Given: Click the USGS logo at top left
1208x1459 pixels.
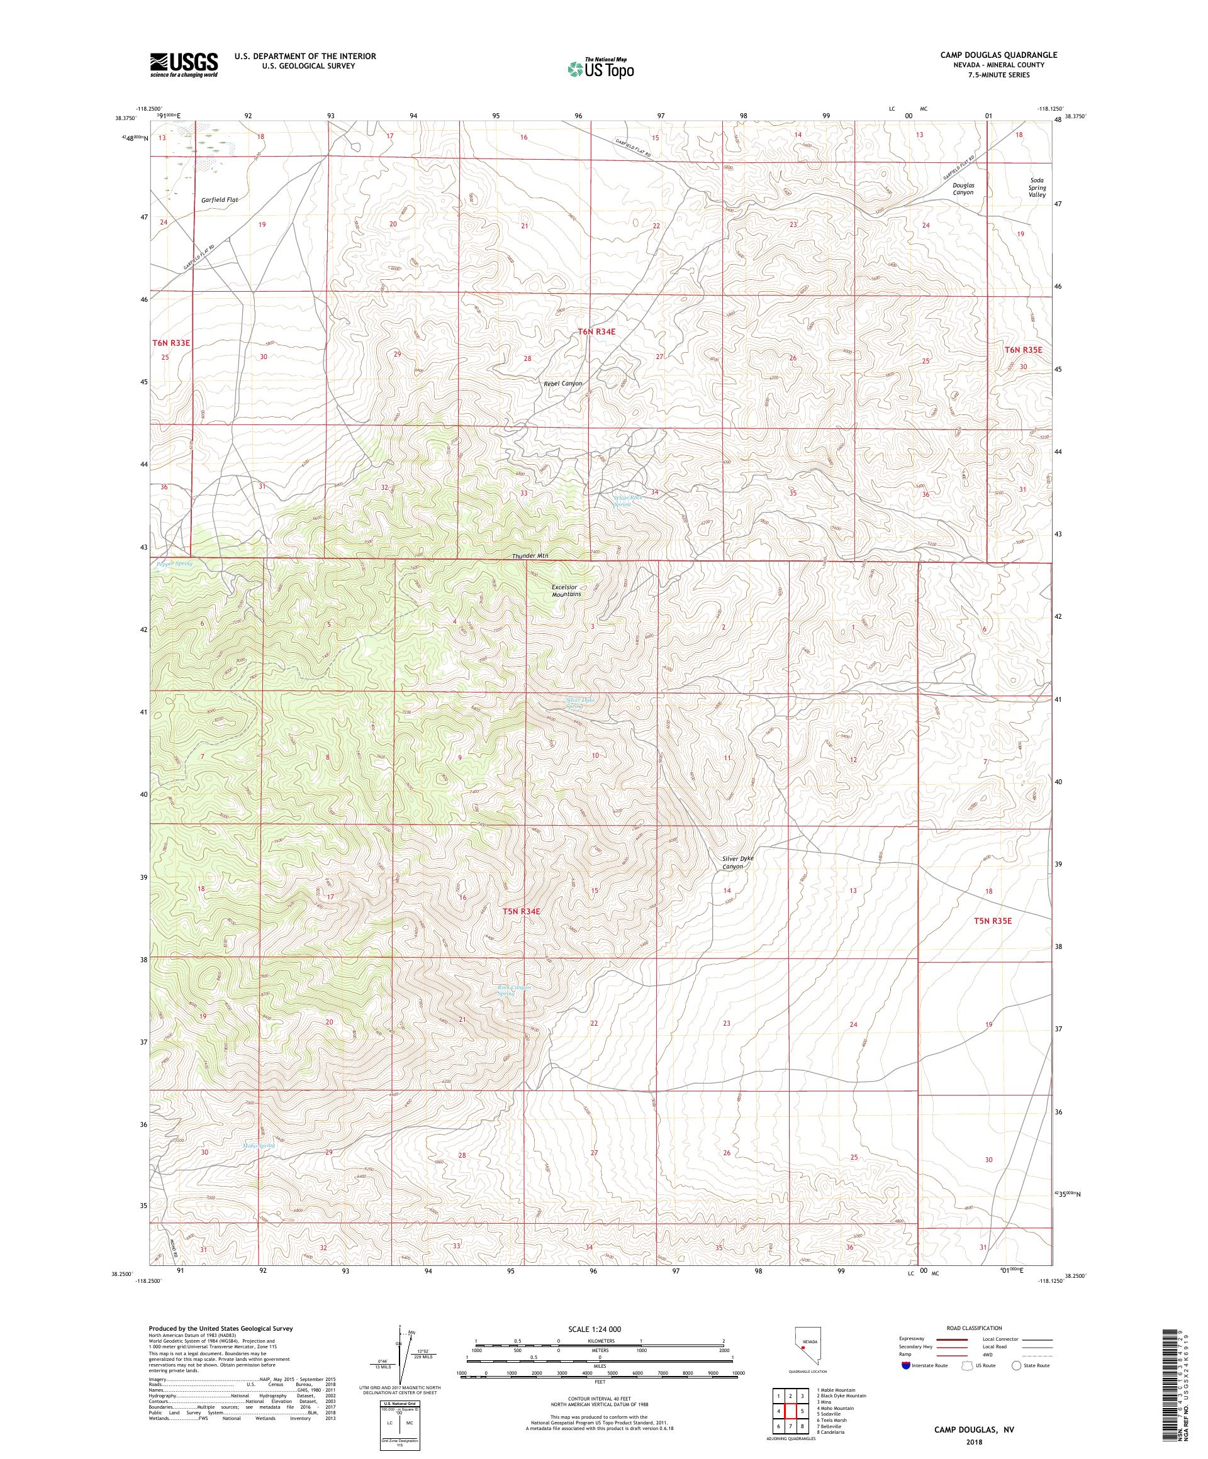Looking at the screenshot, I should (x=184, y=65).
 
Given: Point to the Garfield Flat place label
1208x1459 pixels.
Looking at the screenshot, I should (x=220, y=199).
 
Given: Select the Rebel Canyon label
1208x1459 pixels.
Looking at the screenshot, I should (x=562, y=383).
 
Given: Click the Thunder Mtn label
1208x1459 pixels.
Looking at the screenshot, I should (x=530, y=556).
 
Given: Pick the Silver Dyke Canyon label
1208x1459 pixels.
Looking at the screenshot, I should (x=737, y=862).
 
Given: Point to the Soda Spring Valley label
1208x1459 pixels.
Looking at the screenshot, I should (x=1037, y=187).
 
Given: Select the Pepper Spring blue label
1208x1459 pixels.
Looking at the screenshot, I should (x=174, y=563).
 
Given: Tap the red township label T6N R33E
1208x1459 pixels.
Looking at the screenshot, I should (x=171, y=343).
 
